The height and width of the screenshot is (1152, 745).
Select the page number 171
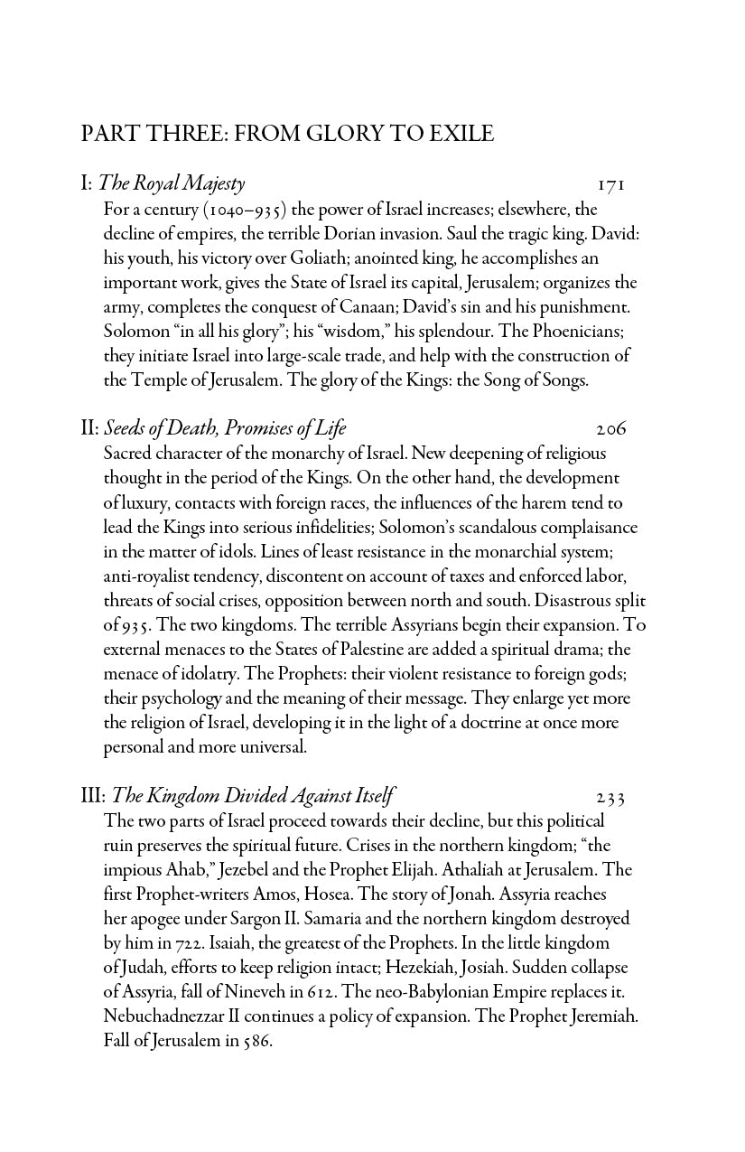point(611,185)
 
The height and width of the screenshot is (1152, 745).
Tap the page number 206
point(611,429)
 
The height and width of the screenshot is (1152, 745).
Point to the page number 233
point(611,797)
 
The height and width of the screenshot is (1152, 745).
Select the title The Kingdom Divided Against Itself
point(250,796)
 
